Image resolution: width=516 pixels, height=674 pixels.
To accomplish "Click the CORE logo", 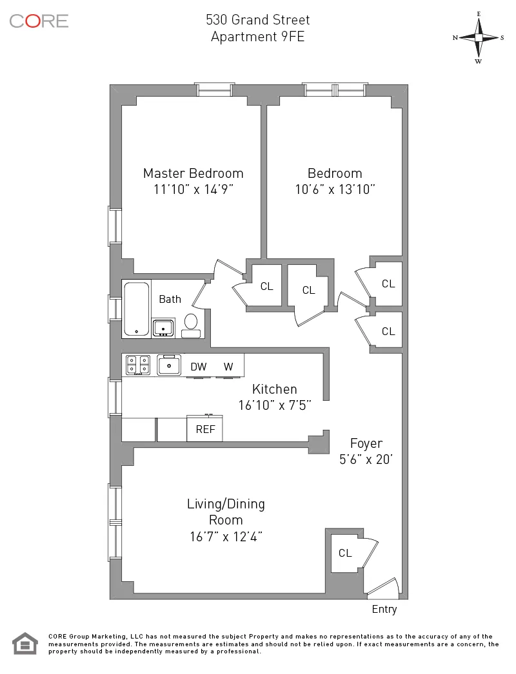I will tap(39, 21).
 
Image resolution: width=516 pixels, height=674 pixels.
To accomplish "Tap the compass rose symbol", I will tap(479, 37).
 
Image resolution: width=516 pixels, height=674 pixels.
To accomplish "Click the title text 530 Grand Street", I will tap(257, 21).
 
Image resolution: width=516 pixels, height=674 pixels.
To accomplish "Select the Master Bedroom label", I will tap(193, 173).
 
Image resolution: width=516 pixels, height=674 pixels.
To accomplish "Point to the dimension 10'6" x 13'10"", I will tap(334, 189).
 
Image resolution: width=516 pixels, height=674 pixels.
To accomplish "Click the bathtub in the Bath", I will tap(136, 309).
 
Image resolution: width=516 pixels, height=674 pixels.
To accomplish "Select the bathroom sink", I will tap(164, 327).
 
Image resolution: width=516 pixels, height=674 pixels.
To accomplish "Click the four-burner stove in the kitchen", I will tap(137, 365).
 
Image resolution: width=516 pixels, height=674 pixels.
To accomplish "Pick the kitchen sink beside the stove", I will tap(170, 365).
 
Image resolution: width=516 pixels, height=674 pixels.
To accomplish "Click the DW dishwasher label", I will tap(198, 367).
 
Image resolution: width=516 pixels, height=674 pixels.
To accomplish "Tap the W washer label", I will tap(228, 367).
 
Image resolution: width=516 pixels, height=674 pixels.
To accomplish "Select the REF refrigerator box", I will tap(205, 429).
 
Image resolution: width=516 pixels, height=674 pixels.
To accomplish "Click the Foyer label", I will tap(366, 443).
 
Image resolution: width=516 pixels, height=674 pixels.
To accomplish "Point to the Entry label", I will tap(384, 610).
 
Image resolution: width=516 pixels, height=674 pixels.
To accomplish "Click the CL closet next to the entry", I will tap(345, 553).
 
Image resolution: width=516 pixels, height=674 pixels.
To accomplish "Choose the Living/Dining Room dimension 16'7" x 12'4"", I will tap(225, 535).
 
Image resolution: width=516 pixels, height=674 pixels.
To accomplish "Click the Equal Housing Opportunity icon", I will tap(25, 644).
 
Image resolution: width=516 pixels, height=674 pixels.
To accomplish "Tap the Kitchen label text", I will tap(274, 389).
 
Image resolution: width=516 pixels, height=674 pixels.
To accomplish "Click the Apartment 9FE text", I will tap(257, 37).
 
